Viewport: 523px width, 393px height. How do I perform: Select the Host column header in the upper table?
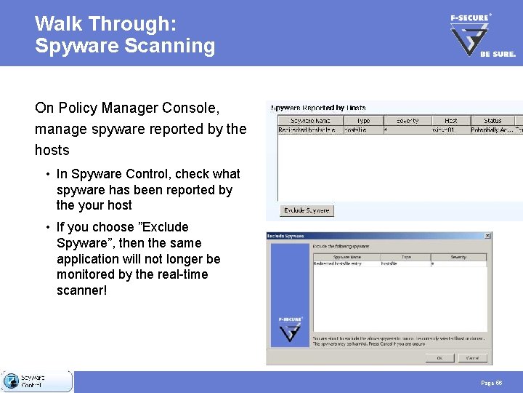450,120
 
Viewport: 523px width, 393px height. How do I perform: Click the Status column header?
492,120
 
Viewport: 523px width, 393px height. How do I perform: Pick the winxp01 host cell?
444,130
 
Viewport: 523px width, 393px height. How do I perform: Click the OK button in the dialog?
440,358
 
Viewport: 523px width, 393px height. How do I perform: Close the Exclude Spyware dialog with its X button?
487,236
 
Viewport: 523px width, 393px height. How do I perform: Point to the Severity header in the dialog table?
458,257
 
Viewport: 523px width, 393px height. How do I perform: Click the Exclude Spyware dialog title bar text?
286,236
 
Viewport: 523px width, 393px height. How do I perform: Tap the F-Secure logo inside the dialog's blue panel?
290,328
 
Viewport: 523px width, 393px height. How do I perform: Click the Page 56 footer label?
491,383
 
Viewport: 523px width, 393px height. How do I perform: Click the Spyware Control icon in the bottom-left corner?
11,381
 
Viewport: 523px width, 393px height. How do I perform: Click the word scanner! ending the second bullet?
82,290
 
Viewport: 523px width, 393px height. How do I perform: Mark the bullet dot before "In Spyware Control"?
46,174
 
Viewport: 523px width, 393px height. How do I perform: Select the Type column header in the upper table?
363,120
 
